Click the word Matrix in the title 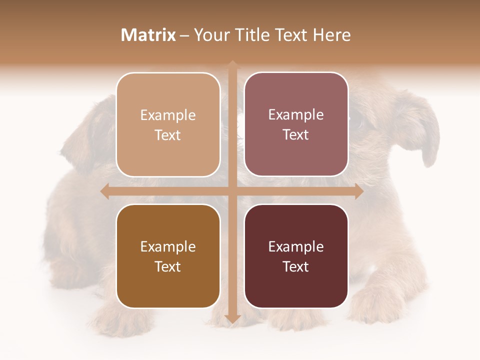click(148, 35)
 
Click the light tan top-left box click(168, 124)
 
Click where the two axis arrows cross click(232, 191)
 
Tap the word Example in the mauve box click(296, 115)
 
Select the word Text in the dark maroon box click(296, 266)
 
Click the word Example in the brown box click(168, 247)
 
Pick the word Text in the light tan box click(168, 135)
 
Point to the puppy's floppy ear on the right click(425, 135)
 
